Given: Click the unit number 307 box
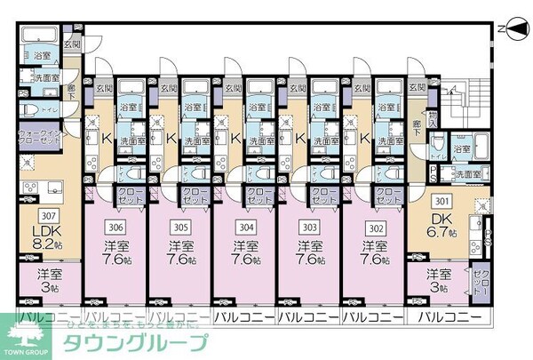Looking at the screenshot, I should (51, 215).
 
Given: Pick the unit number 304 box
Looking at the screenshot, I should (243, 226).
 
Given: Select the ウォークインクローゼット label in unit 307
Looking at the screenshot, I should (37, 139).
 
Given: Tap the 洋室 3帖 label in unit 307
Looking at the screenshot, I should (49, 281).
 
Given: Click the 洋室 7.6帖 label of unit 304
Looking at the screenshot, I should (243, 253).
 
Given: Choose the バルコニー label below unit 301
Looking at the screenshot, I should (449, 317).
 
